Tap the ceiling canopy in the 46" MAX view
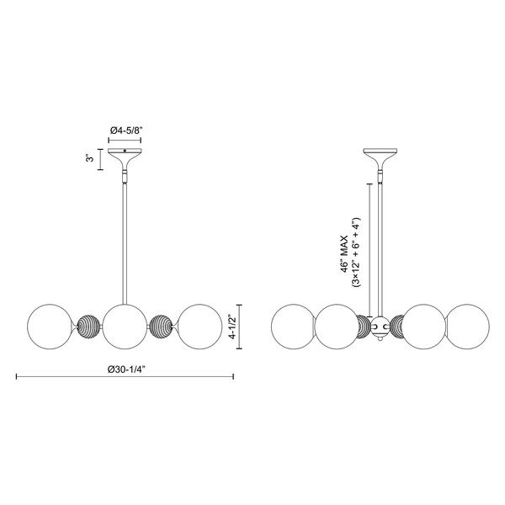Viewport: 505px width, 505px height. (x=380, y=157)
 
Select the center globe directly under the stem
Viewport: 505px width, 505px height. (x=125, y=323)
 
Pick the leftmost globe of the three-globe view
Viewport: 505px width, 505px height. (x=50, y=323)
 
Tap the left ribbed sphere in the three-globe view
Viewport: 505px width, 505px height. (x=88, y=324)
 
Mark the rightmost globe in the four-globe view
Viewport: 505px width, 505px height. (x=467, y=323)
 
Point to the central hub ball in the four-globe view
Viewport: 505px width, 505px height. (x=380, y=324)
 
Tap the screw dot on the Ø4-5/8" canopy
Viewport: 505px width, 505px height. (x=125, y=152)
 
